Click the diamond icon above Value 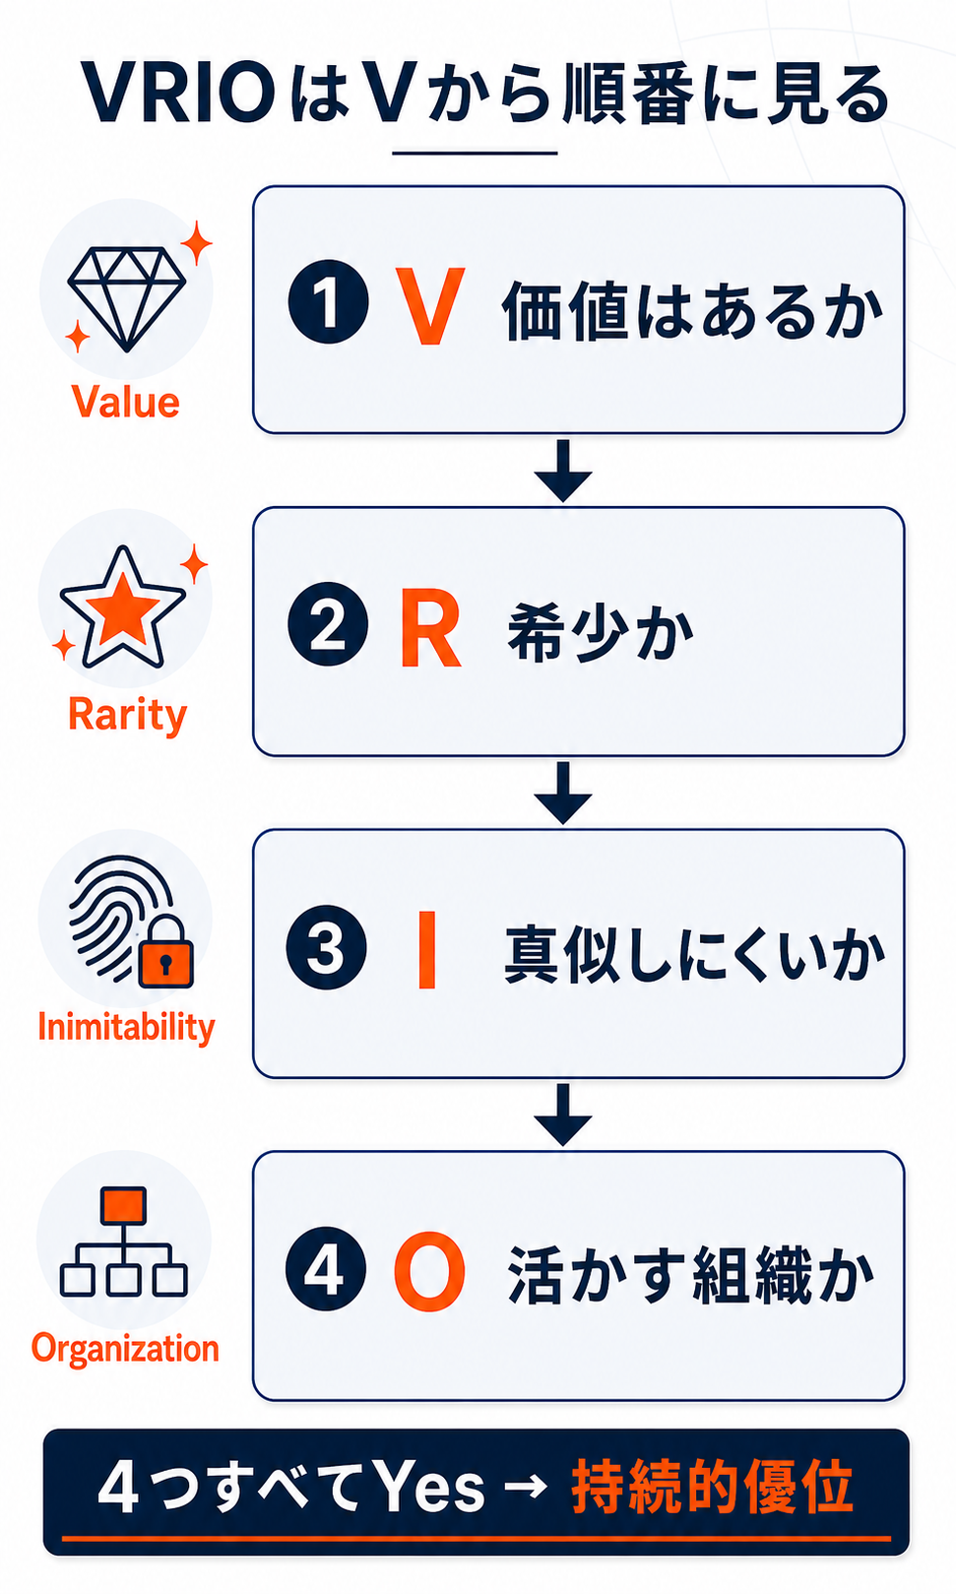click(x=127, y=299)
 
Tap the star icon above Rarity click(x=123, y=608)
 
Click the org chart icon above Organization click(x=124, y=1242)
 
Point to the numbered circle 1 click(x=328, y=301)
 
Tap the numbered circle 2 click(x=328, y=624)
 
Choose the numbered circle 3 click(x=327, y=947)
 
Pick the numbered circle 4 click(x=326, y=1269)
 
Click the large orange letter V click(x=429, y=306)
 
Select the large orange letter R click(x=430, y=627)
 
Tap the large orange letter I click(x=427, y=949)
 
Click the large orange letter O click(x=430, y=1272)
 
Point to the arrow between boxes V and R click(x=563, y=471)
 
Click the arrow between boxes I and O click(x=563, y=1116)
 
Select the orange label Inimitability click(x=126, y=1028)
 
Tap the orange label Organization click(x=125, y=1349)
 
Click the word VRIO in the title click(x=178, y=94)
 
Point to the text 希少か click(x=600, y=633)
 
